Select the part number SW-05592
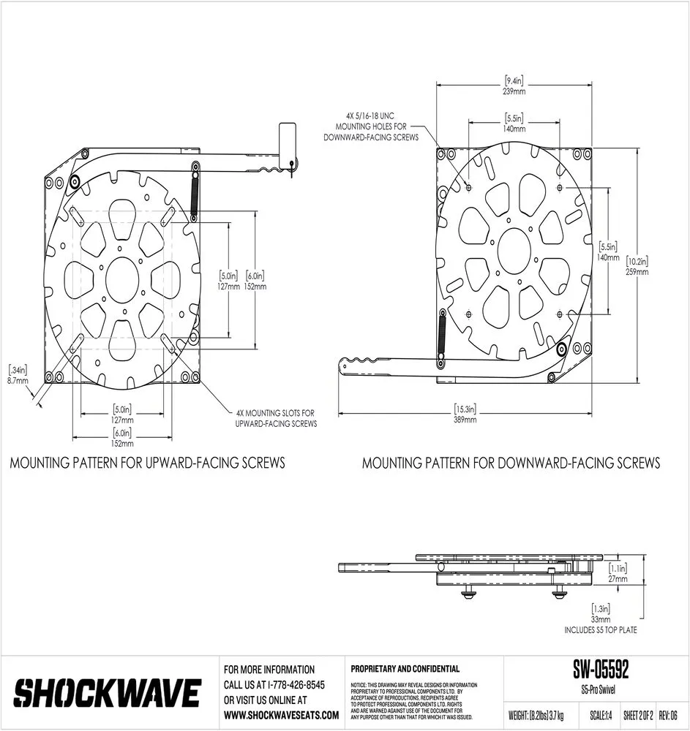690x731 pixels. (601, 670)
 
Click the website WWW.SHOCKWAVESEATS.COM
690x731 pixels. (281, 715)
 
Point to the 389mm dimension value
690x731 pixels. (465, 420)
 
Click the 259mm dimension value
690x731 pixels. (637, 271)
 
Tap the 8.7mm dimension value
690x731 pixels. (18, 381)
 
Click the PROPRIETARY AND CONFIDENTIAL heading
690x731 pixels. (405, 668)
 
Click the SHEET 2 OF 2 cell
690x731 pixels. (637, 714)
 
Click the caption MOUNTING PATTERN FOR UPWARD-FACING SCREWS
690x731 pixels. (147, 463)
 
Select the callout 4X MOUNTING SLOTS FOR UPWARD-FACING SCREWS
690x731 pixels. (277, 417)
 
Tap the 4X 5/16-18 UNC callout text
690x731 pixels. (372, 126)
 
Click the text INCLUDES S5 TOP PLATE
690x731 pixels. (600, 629)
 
